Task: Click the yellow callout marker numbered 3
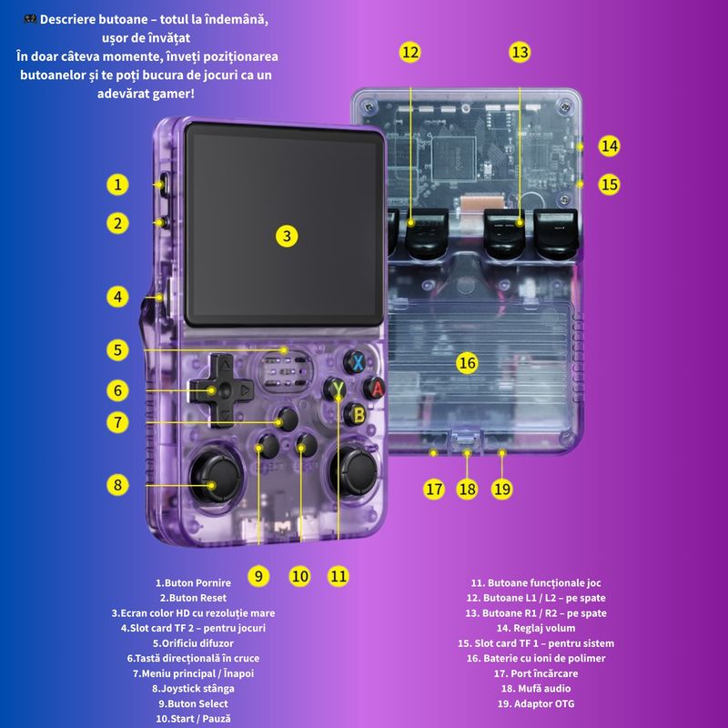tap(287, 236)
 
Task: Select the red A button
tap(374, 388)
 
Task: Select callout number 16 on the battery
tap(467, 363)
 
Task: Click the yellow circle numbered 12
tap(410, 52)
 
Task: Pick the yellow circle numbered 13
tap(520, 52)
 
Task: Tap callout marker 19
tap(502, 489)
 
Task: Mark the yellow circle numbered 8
tap(116, 484)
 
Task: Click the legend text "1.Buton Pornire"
tap(193, 582)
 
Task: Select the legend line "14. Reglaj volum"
tap(536, 628)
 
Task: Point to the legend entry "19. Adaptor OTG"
tap(536, 703)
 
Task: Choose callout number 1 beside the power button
tap(116, 185)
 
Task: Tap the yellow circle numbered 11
tap(338, 575)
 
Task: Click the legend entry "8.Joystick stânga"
tap(193, 688)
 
